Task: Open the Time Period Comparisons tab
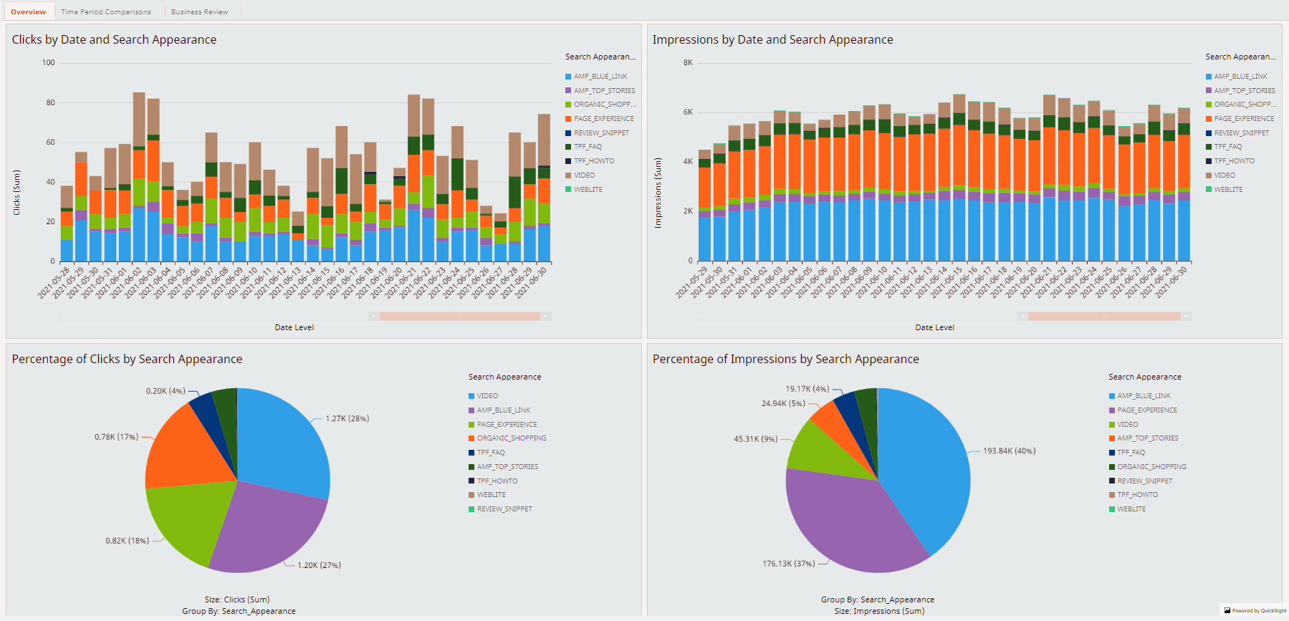point(106,11)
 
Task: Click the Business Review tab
point(199,11)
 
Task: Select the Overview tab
point(28,11)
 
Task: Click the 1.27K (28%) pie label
point(347,418)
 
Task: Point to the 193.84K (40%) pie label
point(1009,451)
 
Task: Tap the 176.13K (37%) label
point(788,564)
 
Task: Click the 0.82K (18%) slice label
point(127,541)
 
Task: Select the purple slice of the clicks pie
point(265,530)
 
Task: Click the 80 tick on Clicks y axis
point(50,102)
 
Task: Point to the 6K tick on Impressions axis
point(688,112)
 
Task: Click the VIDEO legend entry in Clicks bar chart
point(584,175)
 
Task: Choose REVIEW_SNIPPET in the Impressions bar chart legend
point(1241,133)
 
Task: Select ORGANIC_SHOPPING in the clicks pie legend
point(511,438)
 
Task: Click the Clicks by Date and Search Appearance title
point(114,39)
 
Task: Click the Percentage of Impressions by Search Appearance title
point(785,359)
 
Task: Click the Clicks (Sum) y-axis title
point(16,192)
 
